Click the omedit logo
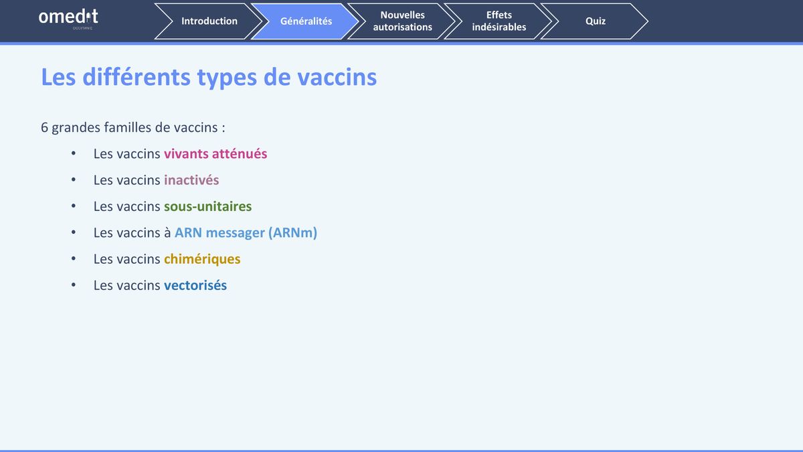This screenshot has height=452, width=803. point(68,19)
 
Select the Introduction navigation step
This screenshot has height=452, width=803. point(209,21)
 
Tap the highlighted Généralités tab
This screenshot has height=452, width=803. point(306,21)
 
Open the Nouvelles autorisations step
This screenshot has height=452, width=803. point(402,21)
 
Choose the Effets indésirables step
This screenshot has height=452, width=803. point(499,21)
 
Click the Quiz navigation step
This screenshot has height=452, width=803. point(595,21)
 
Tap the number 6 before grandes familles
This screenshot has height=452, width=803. point(44,127)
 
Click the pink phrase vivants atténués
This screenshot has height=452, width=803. point(215,153)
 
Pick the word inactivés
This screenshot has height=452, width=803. point(191,179)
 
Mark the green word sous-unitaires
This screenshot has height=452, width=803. point(208,206)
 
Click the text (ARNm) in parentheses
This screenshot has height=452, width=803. point(293,233)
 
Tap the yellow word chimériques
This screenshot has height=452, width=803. point(202,259)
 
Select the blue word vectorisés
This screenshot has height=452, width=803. point(195,285)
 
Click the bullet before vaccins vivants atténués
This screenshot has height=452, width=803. point(74,153)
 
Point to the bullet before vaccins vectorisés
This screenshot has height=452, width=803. point(74,285)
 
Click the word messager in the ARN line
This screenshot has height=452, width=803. point(235,233)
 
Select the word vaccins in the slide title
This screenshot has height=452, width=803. point(337,77)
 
